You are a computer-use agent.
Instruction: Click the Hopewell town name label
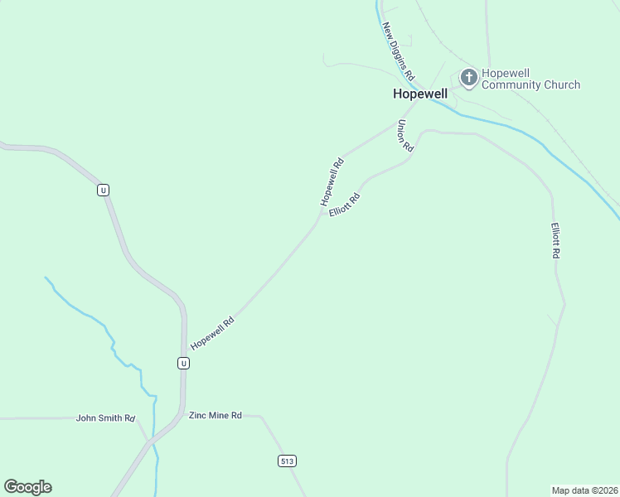point(419,94)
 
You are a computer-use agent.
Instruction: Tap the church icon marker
point(468,78)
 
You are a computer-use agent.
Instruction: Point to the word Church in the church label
point(563,84)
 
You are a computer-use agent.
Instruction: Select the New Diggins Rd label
point(398,51)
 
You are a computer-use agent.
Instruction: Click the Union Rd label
point(404,136)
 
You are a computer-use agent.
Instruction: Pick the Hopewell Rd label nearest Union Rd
point(332,182)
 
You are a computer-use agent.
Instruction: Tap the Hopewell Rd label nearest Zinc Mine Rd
point(212,334)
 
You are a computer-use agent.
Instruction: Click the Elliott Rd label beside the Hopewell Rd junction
point(345,205)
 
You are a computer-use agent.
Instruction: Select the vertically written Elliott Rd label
point(555,241)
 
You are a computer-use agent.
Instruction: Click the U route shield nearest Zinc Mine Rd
point(183,363)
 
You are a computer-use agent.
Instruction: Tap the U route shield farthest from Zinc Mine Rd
point(103,190)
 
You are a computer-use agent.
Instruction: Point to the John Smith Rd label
point(105,418)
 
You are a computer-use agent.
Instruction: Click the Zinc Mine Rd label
point(215,415)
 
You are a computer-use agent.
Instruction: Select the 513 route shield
point(287,461)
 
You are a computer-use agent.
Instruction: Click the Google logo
point(27,487)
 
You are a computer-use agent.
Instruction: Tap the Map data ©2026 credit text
point(584,490)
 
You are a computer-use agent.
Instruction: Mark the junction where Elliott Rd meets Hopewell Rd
point(322,217)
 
